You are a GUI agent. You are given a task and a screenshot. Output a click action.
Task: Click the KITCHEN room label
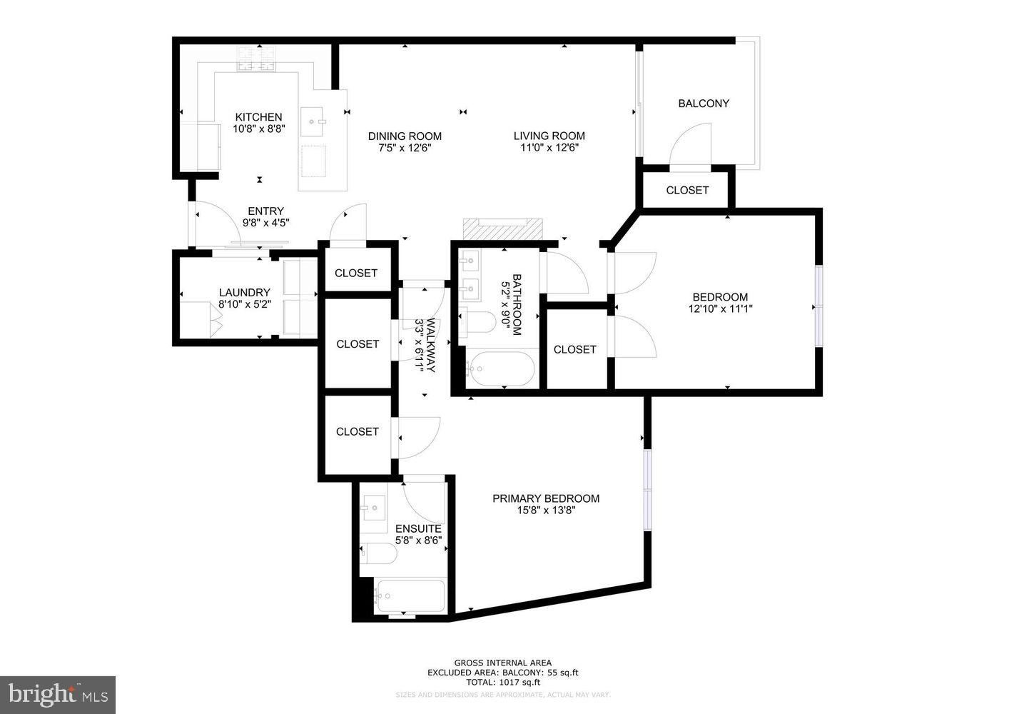258,117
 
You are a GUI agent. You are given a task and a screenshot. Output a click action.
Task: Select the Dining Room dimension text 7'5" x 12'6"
405,149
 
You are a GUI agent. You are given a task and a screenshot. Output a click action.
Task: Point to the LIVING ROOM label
549,136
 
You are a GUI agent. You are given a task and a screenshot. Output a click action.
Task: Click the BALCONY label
703,104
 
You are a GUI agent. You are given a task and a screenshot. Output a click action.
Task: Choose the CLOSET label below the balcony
686,190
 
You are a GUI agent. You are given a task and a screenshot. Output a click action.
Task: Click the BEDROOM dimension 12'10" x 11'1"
720,309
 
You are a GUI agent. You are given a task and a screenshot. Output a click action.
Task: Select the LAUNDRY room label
244,292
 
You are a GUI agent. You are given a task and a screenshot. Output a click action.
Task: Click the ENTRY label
265,211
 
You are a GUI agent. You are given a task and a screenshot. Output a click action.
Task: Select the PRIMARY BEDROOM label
545,498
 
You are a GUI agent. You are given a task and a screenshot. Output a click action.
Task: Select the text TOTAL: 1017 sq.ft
502,682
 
